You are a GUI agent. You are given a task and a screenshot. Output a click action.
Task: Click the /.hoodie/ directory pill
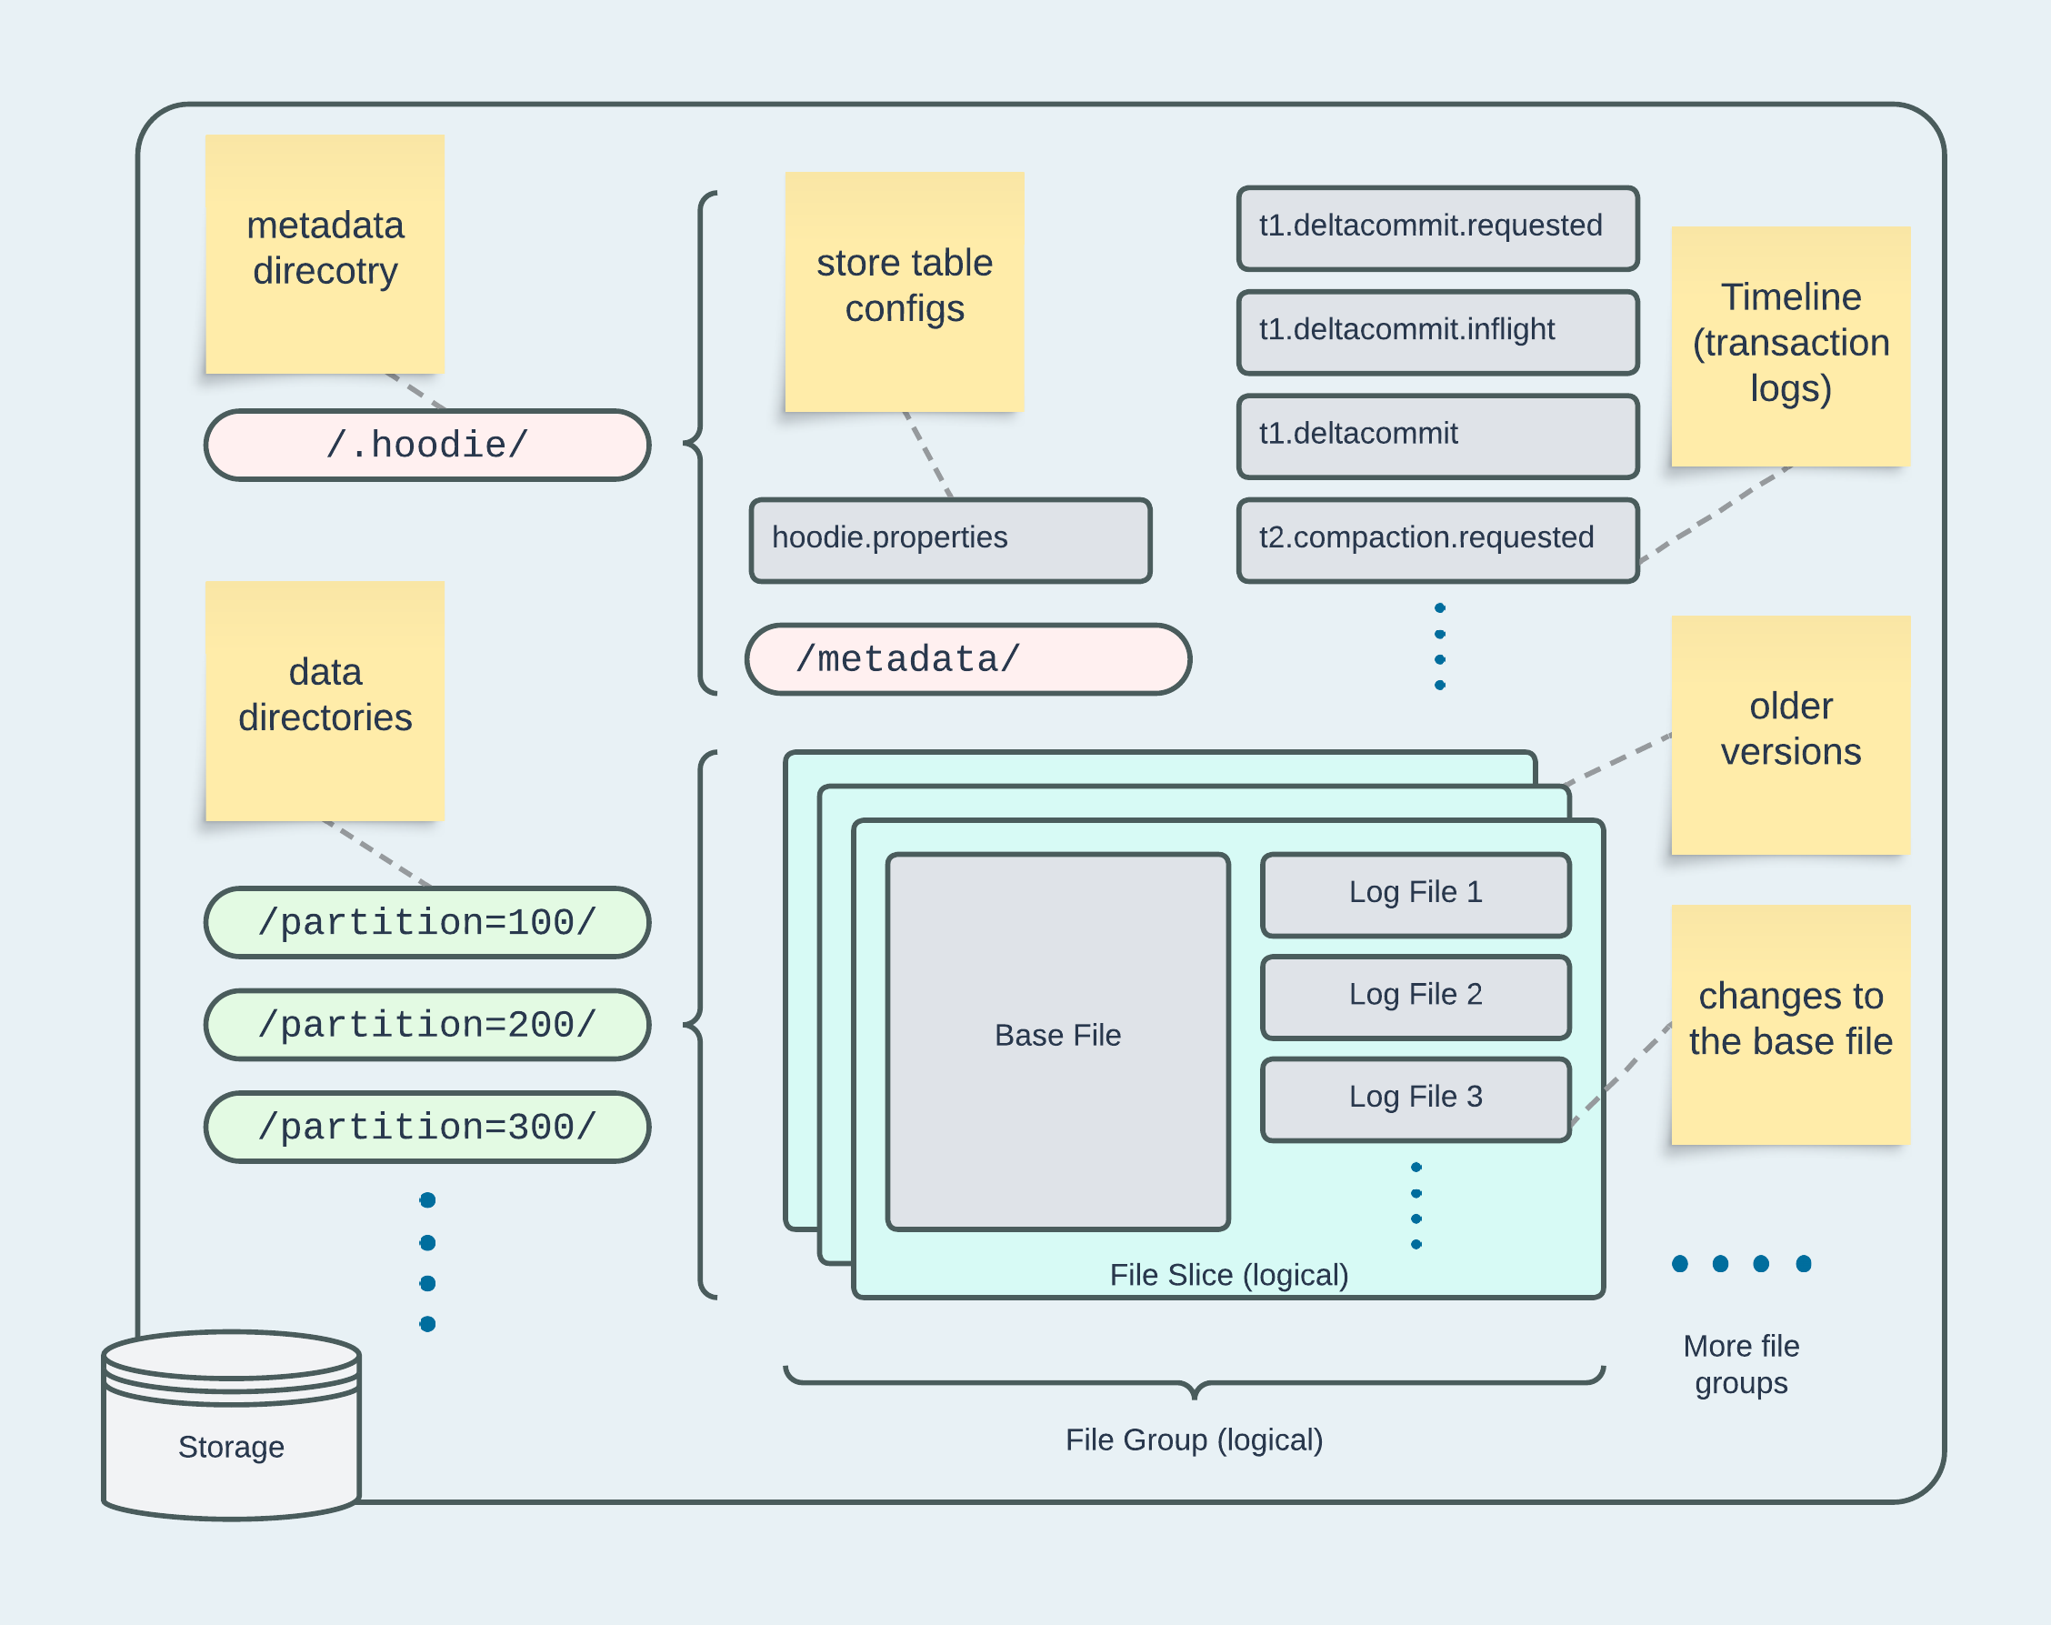point(427,446)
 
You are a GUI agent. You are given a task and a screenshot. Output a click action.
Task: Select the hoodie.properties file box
point(950,539)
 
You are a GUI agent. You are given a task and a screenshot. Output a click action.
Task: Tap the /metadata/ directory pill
point(968,659)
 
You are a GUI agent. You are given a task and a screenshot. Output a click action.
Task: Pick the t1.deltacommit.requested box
point(1437,228)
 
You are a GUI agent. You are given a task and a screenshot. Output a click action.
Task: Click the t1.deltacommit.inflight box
point(1437,332)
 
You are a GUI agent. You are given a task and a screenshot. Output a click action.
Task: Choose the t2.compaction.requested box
point(1437,540)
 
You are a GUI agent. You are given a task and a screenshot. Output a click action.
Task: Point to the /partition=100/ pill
point(427,922)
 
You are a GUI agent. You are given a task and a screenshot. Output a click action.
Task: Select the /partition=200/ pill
point(427,1025)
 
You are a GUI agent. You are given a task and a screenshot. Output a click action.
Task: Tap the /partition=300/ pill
point(427,1128)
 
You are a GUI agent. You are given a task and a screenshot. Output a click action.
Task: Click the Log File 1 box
point(1416,894)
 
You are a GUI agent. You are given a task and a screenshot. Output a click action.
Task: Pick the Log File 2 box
point(1416,997)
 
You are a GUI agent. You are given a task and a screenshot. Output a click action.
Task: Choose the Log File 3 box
point(1416,1098)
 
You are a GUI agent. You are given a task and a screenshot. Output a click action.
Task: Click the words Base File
point(1058,1035)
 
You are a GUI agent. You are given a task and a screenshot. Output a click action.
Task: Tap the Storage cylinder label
point(231,1446)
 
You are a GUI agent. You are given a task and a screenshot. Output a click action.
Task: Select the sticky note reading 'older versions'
point(1790,735)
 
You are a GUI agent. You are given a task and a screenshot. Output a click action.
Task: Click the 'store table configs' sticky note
point(904,291)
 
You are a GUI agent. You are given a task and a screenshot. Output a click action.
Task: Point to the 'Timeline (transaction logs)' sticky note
point(1790,346)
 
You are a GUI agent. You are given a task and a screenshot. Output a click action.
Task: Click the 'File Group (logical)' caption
point(1194,1439)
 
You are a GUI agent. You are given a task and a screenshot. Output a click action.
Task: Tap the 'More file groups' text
point(1741,1364)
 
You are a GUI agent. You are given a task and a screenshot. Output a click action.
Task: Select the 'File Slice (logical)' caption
point(1229,1275)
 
